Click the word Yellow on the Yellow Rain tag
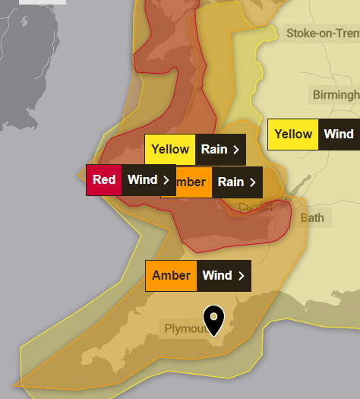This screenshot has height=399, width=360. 170,150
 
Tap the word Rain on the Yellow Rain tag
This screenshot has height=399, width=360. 215,150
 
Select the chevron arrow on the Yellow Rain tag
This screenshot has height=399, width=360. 236,150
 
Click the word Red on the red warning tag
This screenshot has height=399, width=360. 105,180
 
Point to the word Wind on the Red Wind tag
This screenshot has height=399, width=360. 142,180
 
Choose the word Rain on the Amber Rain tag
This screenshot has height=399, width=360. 231,182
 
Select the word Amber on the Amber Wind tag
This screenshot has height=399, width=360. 172,275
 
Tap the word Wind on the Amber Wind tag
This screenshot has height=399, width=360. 217,275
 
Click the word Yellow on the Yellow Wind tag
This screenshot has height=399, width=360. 293,135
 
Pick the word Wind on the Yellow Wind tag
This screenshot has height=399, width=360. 339,135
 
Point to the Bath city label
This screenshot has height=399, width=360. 311,218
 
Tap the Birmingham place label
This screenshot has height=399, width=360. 336,95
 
